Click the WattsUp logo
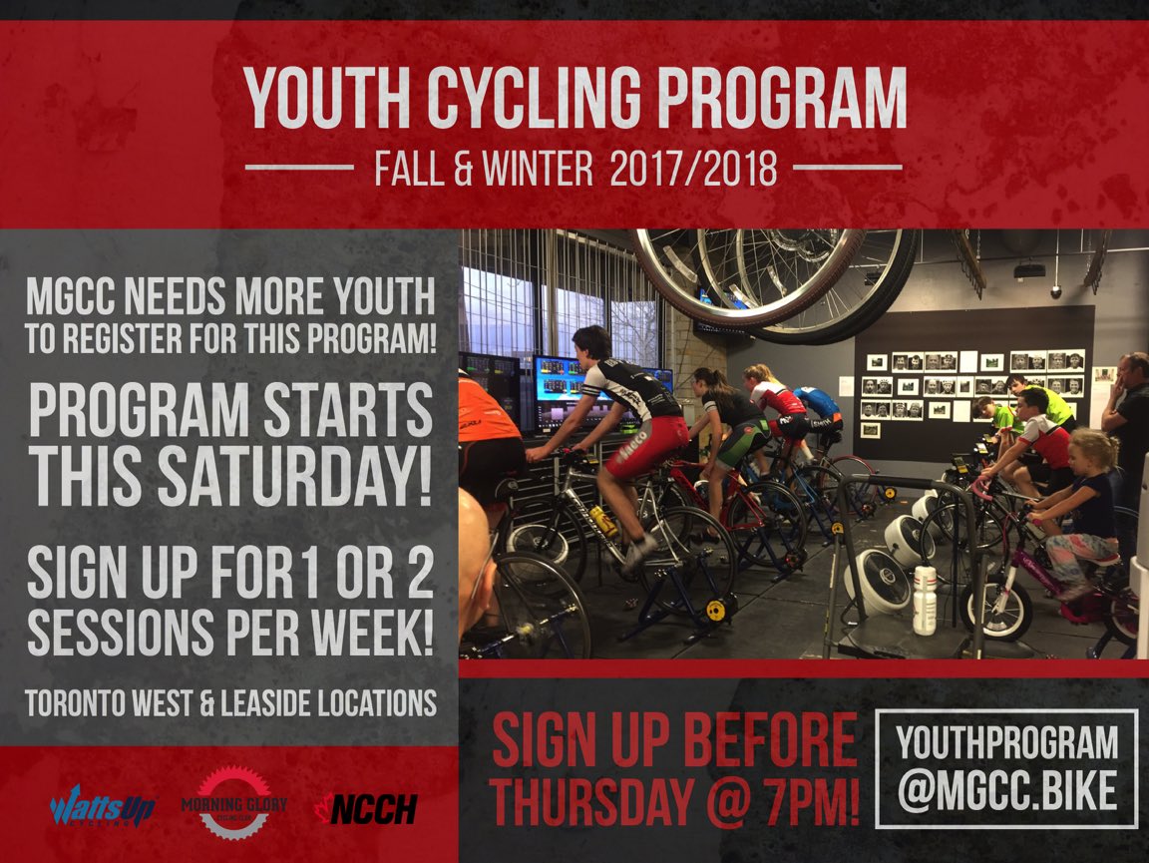pos(102,805)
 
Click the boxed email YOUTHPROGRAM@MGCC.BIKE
pos(1006,767)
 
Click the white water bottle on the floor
pos(925,600)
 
